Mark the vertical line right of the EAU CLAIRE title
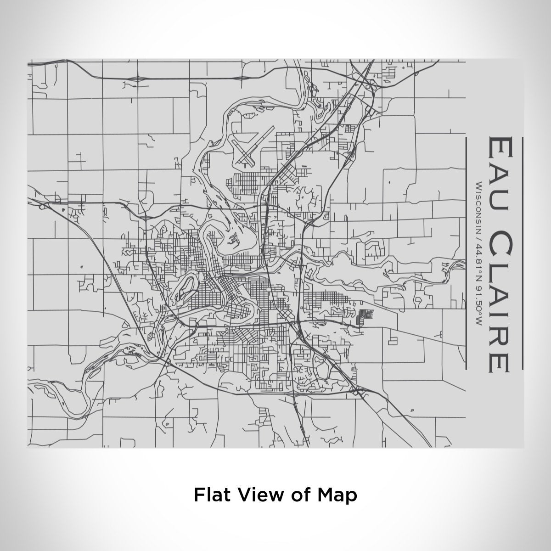pyautogui.click(x=522, y=253)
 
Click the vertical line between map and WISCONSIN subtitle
pyautogui.click(x=466, y=253)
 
